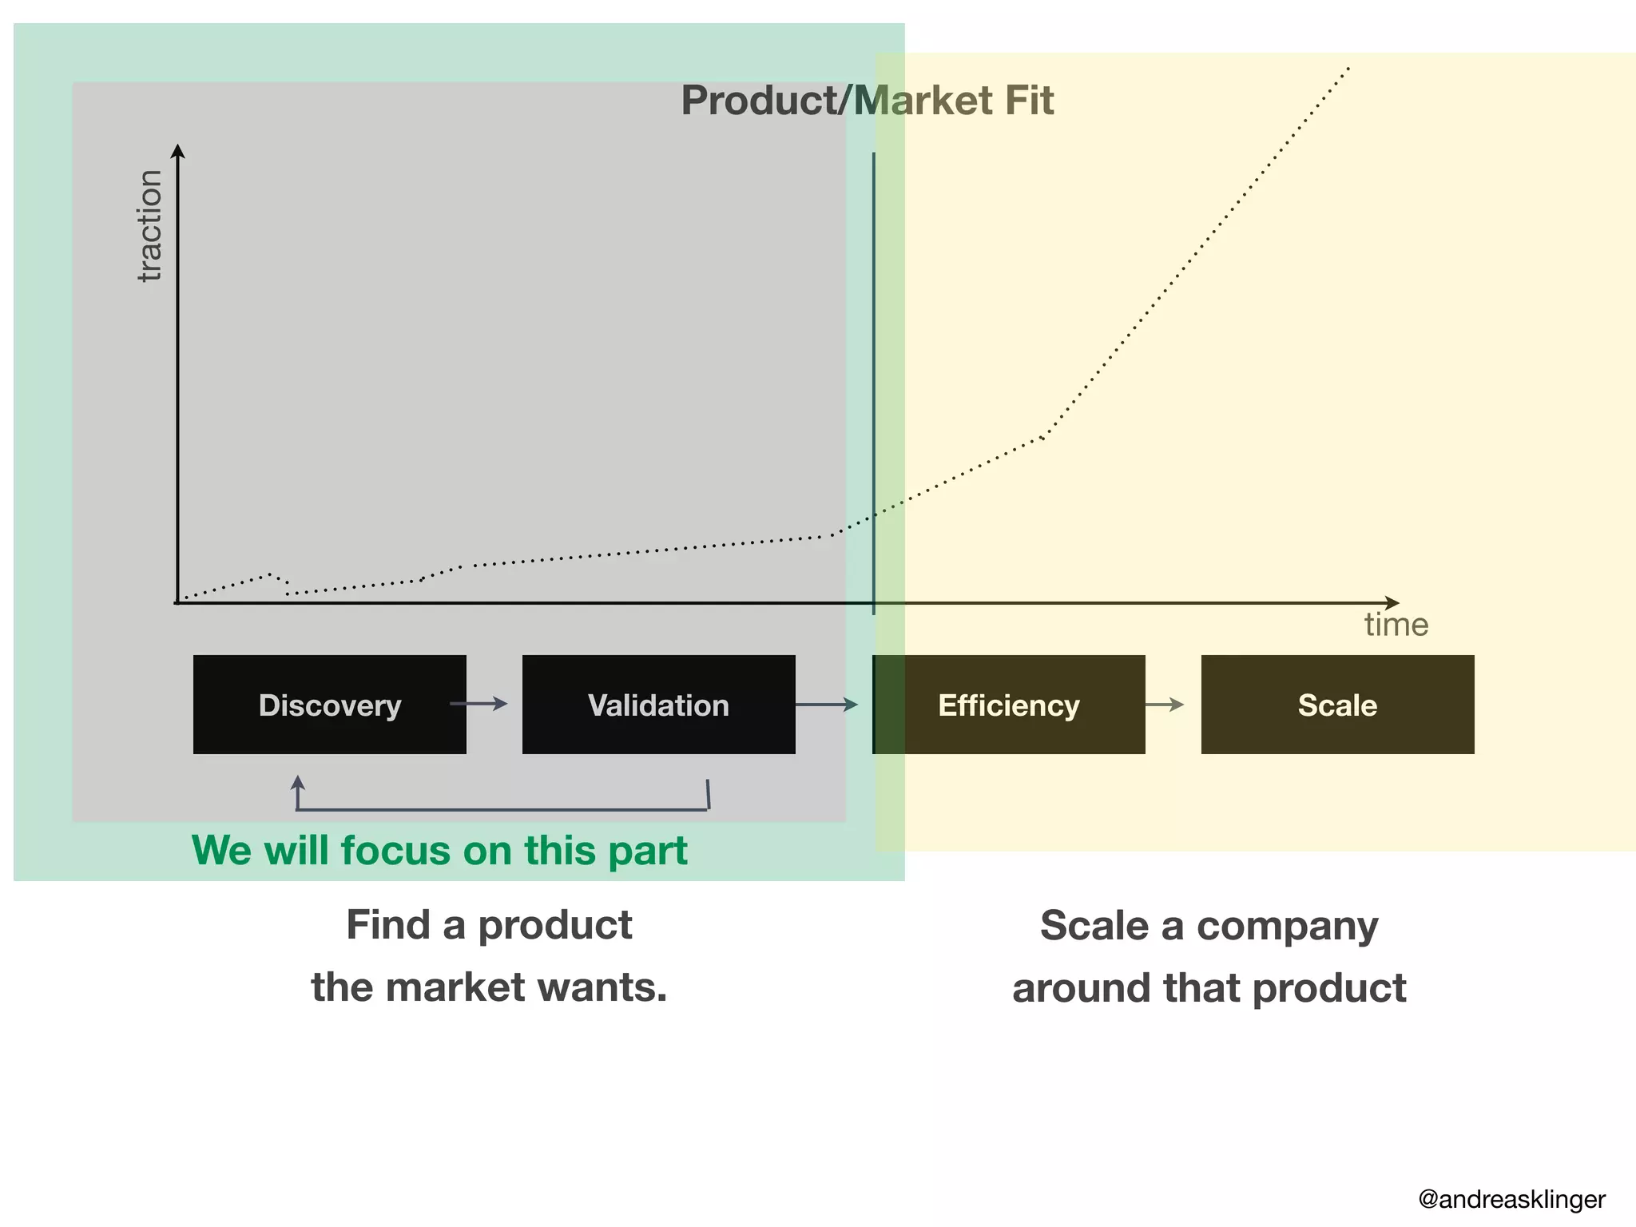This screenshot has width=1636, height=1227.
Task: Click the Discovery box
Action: point(329,705)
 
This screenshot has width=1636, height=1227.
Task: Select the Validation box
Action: point(658,705)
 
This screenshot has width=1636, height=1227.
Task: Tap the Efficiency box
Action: point(1008,705)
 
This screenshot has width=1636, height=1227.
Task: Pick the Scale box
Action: point(1337,705)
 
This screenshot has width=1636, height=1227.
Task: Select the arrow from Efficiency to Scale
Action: point(1165,705)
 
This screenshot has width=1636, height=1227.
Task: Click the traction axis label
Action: point(149,226)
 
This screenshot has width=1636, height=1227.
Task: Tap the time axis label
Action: point(1396,625)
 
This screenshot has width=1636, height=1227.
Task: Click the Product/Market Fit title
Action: point(867,101)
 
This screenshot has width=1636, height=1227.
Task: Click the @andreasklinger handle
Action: point(1511,1199)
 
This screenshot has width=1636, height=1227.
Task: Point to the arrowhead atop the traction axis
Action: point(178,151)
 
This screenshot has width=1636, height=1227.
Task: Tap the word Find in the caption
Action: point(388,925)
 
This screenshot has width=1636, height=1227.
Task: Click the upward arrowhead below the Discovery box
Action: point(298,781)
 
